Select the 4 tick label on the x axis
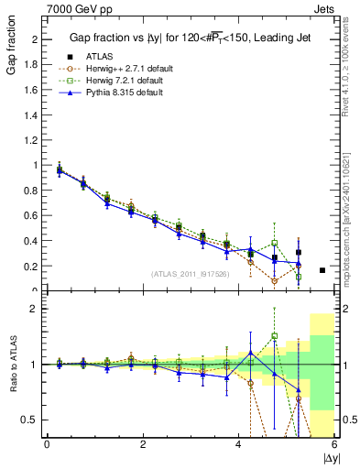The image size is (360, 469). (239, 444)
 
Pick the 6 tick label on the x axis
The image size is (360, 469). (334, 444)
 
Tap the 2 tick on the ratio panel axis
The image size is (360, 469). (36, 309)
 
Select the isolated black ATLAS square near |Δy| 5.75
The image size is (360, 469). (322, 270)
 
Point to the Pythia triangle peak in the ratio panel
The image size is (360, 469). (250, 352)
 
